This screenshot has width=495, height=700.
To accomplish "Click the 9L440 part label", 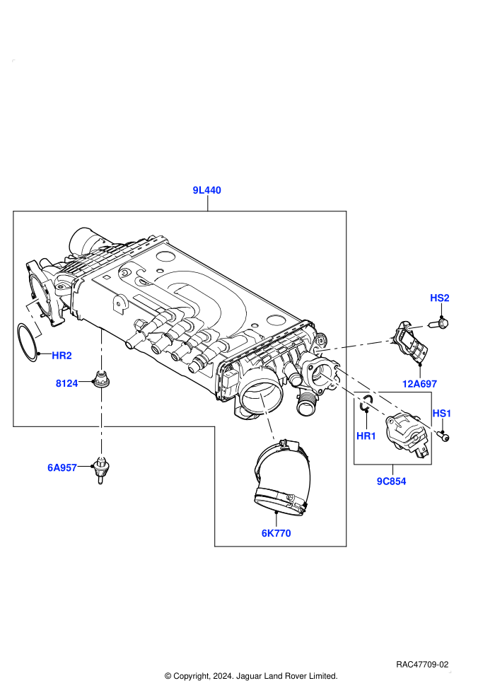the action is (206, 190).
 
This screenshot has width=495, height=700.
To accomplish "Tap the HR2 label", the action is (62, 356).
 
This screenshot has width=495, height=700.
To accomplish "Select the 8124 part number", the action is (67, 383).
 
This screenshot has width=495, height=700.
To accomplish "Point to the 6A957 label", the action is (62, 468).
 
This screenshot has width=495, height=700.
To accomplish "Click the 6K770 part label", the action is (276, 533).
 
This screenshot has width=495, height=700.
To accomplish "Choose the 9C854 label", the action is (392, 482).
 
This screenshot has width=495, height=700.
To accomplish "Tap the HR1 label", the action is (366, 436).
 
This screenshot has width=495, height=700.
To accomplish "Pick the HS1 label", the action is (442, 414).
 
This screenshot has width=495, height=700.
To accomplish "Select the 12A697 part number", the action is (419, 384).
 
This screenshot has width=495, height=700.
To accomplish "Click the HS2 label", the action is (440, 298).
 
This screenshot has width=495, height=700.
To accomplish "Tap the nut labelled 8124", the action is (101, 379).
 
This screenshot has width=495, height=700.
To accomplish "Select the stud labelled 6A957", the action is (101, 470).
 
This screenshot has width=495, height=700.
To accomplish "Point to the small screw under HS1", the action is (443, 436).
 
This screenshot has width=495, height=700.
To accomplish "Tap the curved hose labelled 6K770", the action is (281, 478).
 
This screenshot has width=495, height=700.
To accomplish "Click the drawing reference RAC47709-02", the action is (421, 665).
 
